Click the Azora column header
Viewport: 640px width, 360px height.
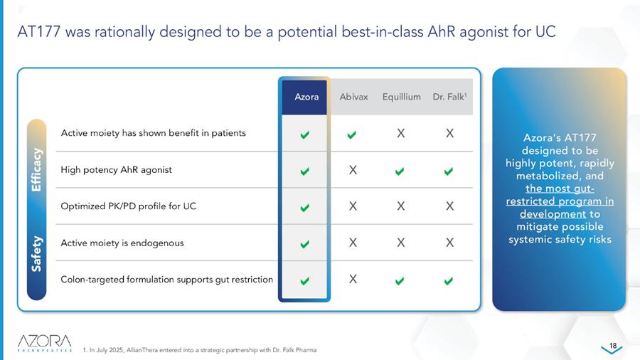coord(306,97)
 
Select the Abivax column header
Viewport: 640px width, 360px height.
coord(353,97)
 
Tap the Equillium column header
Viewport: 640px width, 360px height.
coord(401,97)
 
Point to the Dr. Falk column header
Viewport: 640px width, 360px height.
coord(449,97)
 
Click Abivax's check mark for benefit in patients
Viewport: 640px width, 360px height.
coord(351,134)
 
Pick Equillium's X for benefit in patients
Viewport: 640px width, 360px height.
coord(401,133)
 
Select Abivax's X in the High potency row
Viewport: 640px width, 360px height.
coord(353,170)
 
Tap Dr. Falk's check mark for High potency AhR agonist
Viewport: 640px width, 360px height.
coord(449,171)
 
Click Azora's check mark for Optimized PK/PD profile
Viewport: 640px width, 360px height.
coord(304,208)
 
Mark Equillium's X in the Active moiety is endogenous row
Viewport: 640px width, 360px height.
coord(401,243)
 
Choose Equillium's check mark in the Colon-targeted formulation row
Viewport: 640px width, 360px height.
coord(400,281)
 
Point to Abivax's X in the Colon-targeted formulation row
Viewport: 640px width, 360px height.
coord(353,279)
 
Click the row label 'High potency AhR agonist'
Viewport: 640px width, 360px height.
coord(117,170)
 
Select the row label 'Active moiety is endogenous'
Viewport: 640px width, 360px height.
coord(122,243)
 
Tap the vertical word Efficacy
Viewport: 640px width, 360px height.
coord(36,169)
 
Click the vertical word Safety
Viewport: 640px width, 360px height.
coord(36,253)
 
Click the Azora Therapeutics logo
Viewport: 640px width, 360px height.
coord(45,343)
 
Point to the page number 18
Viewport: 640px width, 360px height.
coord(613,346)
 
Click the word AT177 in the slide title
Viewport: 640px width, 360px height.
coord(39,31)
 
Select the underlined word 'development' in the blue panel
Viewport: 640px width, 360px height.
coord(553,214)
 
